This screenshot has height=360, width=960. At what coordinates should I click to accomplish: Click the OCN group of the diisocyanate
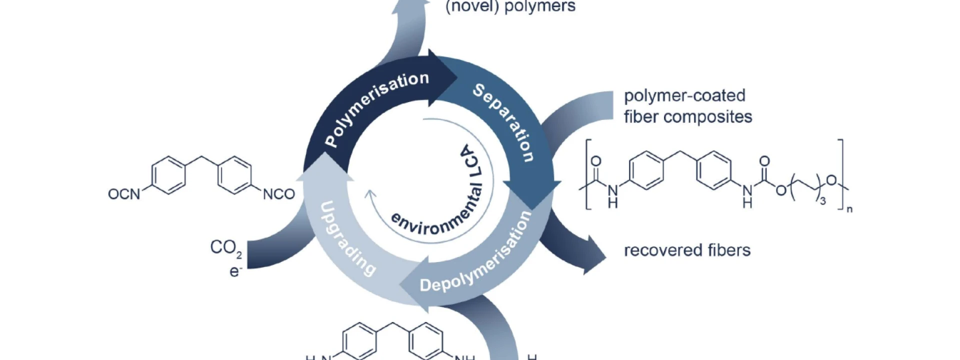[124, 194]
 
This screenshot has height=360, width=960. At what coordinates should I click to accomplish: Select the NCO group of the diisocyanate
[279, 194]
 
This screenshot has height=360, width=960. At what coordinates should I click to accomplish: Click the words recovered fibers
[687, 250]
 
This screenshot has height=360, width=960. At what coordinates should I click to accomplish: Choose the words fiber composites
[688, 117]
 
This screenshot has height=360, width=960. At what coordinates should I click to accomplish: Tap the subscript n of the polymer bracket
[849, 209]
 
